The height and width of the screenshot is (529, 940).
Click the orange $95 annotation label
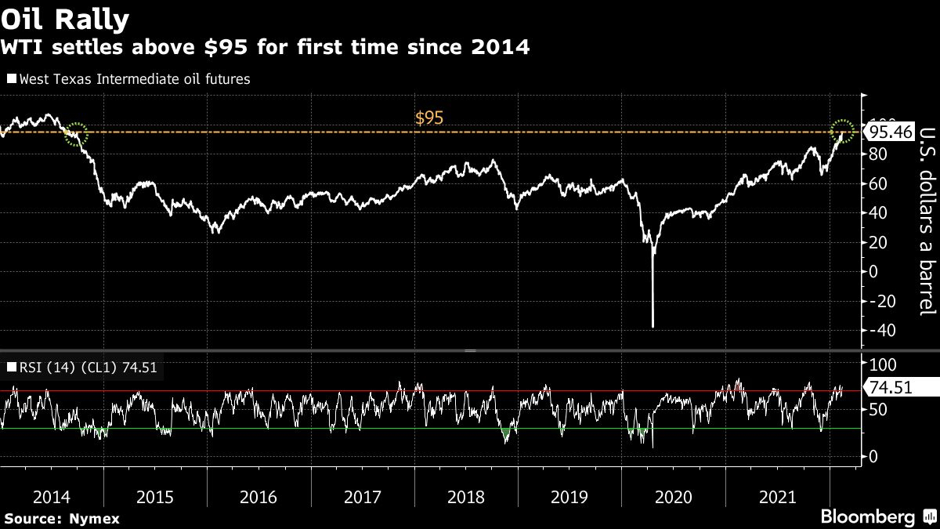430,118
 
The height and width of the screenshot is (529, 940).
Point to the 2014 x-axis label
51,497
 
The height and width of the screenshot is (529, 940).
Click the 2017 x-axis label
363,497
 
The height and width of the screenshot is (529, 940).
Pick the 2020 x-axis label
673,497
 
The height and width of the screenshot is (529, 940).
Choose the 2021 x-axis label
776,497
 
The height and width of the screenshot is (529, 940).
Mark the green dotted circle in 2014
76,134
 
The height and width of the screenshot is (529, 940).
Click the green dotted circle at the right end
843,130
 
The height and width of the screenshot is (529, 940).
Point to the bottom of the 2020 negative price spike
653,325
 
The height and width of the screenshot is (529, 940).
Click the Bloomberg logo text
867,517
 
